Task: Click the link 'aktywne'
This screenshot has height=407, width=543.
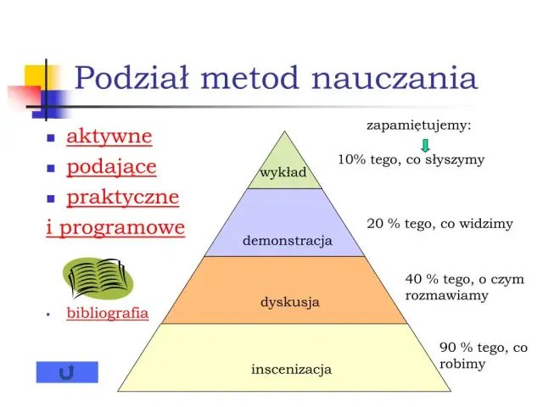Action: click(109, 136)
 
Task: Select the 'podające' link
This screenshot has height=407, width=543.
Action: click(111, 167)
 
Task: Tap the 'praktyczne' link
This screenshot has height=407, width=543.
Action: click(122, 198)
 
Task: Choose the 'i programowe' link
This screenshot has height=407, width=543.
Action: click(115, 227)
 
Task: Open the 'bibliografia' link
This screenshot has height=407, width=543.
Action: click(107, 313)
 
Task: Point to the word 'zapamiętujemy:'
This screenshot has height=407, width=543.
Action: click(418, 125)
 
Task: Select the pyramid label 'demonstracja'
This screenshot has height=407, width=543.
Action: click(287, 241)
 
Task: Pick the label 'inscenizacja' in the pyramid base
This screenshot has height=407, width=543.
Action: click(291, 370)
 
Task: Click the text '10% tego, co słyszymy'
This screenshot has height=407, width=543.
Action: click(411, 159)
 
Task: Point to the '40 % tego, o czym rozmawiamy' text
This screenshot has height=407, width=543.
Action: click(464, 287)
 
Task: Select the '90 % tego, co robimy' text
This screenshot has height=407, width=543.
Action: click(483, 355)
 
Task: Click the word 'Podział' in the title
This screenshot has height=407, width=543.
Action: click(135, 78)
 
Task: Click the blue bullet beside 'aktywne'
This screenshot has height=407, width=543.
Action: click(50, 137)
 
